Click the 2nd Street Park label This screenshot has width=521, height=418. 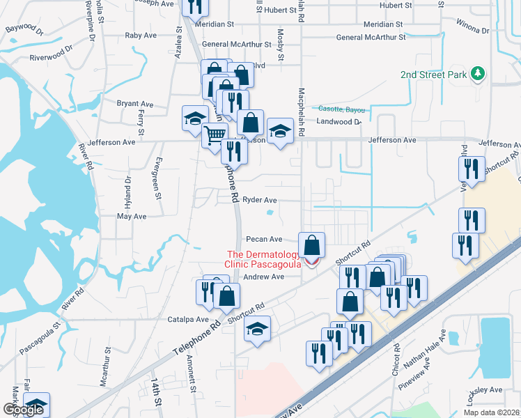pyautogui.click(x=434, y=75)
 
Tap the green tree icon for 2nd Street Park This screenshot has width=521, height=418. pyautogui.click(x=477, y=73)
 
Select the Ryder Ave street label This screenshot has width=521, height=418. pyautogui.click(x=259, y=200)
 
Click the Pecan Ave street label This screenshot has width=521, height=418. pyautogui.click(x=264, y=239)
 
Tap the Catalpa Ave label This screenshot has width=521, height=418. pyautogui.click(x=188, y=320)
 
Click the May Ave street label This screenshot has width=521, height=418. pyautogui.click(x=132, y=217)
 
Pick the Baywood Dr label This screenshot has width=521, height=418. pyautogui.click(x=24, y=31)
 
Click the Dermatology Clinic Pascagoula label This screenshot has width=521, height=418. pyautogui.click(x=262, y=259)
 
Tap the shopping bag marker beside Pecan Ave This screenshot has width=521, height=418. pyautogui.click(x=313, y=246)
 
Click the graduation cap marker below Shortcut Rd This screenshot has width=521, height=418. pyautogui.click(x=257, y=329)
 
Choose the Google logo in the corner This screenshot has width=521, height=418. pyautogui.click(x=23, y=410)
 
